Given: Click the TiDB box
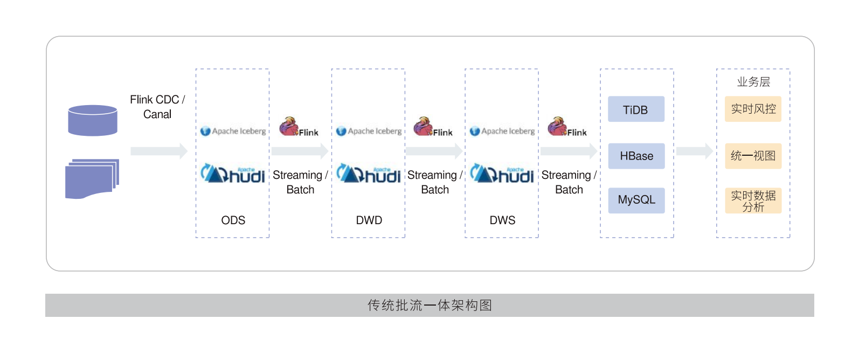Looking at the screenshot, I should tap(636, 109).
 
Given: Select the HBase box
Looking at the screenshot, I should tap(636, 156).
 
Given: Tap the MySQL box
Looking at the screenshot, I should tap(636, 200).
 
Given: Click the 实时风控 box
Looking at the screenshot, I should tap(753, 109).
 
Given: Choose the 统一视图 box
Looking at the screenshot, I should tap(753, 156).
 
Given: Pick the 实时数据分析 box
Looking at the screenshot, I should tap(753, 200).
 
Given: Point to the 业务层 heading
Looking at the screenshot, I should tap(753, 82).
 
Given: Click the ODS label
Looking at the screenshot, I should tap(233, 220).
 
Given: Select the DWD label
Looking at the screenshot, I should tap(369, 220).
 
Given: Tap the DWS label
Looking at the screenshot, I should tap(502, 220).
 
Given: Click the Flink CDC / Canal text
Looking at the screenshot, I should tap(157, 107).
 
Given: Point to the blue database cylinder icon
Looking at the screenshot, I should tap(93, 120).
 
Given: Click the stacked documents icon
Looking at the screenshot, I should tap(92, 178).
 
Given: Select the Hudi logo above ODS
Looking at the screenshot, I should tap(233, 174).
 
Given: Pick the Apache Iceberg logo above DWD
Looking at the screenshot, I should tap(369, 131).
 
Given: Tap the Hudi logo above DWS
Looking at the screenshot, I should tap(502, 174).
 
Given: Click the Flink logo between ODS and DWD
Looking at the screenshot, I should tap(299, 127).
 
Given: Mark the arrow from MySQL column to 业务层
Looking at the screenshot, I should tap(695, 151).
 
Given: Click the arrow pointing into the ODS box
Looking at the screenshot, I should tap(159, 151).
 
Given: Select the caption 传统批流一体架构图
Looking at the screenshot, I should tap(430, 305).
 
